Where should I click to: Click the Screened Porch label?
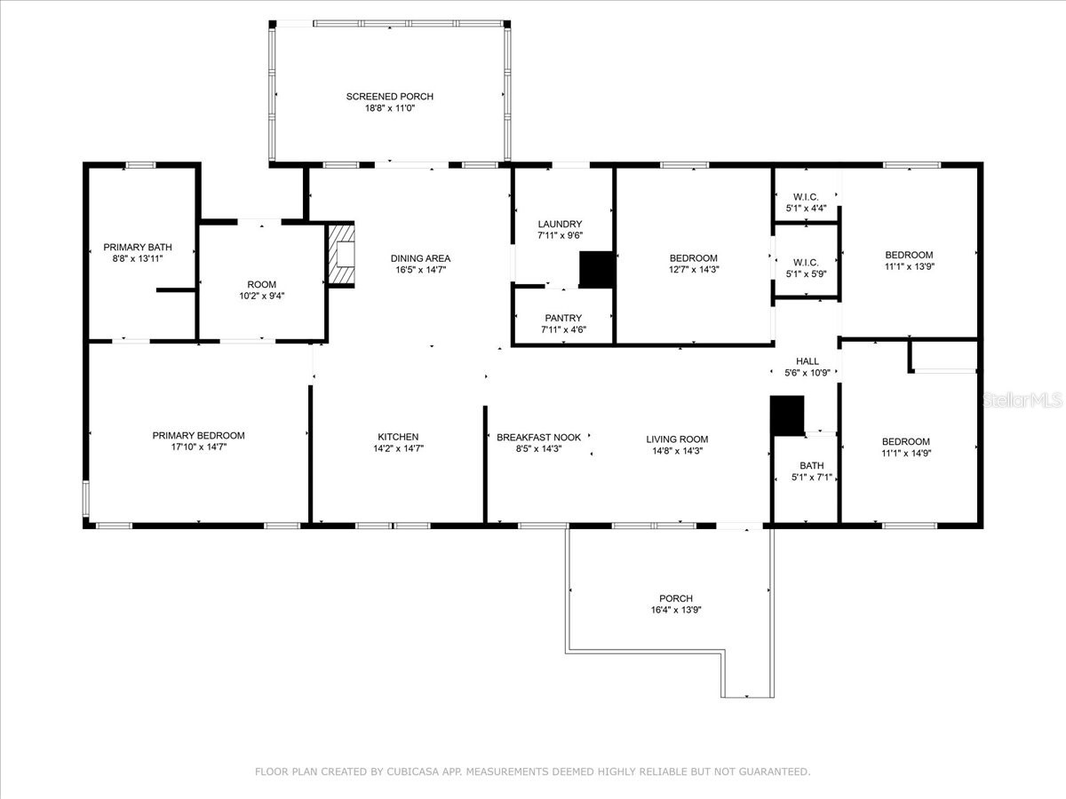(390, 96)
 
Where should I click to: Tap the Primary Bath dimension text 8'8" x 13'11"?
(138, 258)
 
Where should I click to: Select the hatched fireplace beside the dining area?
(342, 255)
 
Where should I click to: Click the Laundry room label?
(560, 224)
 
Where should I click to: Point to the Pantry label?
(563, 318)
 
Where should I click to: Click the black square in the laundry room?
(596, 270)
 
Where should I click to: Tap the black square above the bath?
(786, 415)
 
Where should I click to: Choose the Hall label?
(807, 361)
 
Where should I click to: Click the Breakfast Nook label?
(538, 438)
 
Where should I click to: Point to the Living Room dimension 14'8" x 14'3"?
(677, 451)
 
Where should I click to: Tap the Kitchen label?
(398, 437)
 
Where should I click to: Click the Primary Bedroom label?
(198, 435)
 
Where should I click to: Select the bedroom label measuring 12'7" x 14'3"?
(693, 257)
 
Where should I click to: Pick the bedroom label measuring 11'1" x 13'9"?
(909, 255)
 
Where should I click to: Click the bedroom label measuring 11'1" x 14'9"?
(906, 441)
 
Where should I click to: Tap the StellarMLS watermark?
(1021, 401)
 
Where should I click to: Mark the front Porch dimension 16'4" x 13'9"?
(676, 610)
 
